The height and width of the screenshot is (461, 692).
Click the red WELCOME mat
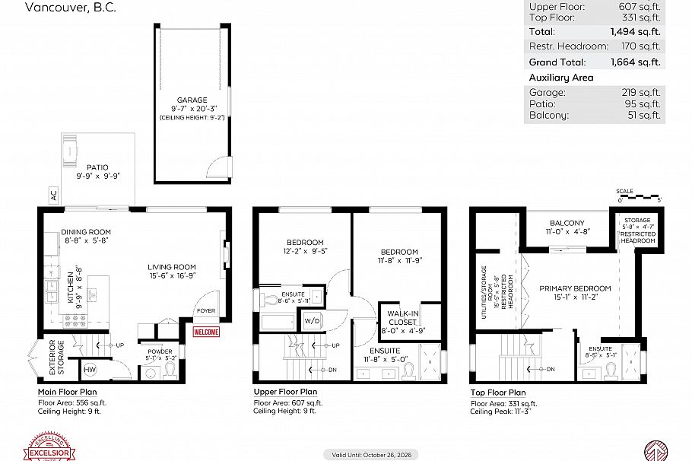206,332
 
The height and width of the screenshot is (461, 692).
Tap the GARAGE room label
192,100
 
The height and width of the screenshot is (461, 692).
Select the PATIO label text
97,167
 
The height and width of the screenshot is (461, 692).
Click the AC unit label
52,196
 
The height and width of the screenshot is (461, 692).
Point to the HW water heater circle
90,370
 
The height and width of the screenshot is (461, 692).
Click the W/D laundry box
312,320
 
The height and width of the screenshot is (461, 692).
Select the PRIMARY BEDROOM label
575,289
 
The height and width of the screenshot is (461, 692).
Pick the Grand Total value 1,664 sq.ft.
635,62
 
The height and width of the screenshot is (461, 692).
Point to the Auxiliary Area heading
561,78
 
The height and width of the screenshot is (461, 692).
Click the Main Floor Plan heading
69,393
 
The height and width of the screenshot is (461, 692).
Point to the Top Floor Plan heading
497,393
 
